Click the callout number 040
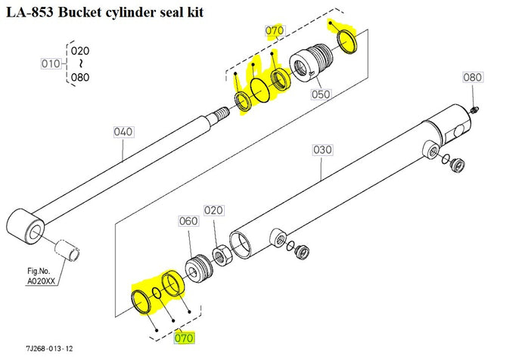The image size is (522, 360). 123,132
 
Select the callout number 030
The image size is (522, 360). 322,150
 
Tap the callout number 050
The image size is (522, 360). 322,95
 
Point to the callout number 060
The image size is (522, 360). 188,222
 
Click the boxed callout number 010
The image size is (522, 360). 51,64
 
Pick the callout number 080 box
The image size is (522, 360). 472,77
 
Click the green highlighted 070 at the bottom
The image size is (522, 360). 185,338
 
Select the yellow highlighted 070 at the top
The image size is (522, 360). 273,31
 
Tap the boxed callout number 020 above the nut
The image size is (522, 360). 214,210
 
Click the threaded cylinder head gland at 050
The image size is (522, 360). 310,65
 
